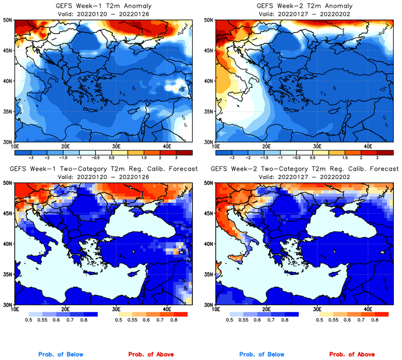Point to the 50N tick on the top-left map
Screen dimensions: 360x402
pyautogui.click(x=8, y=20)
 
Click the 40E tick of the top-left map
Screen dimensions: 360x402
pyautogui.click(x=167, y=146)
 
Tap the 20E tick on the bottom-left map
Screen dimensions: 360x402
pyautogui.click(x=65, y=309)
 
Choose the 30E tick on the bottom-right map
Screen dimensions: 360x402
pyautogui.click(x=318, y=309)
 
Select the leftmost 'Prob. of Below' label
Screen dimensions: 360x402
pyautogui.click(x=61, y=355)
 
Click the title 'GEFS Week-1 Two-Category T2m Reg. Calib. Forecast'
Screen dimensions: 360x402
pyautogui.click(x=102, y=169)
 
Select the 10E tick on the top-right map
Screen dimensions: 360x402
pyautogui.click(x=216, y=146)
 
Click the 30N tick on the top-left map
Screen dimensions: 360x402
pyautogui.click(x=8, y=141)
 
